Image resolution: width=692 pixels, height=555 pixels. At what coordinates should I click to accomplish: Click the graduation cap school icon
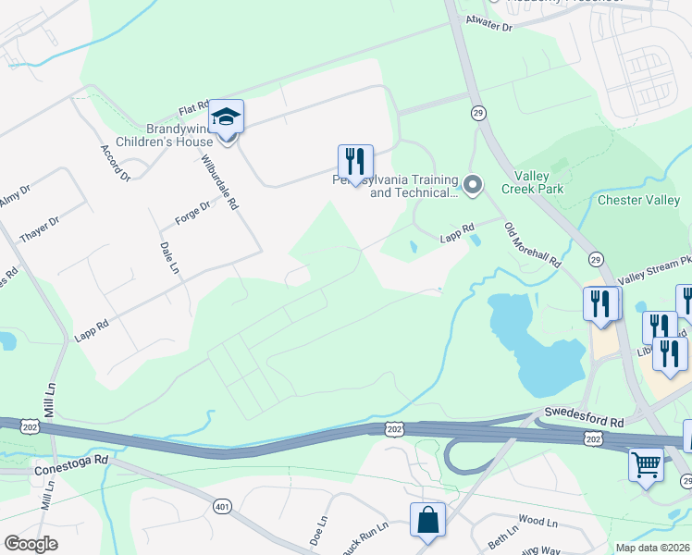pos(226,118)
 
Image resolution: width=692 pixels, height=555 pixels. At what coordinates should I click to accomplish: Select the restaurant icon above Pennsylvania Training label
pos(355,163)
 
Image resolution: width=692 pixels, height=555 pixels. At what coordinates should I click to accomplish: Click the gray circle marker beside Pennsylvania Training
pos(473,187)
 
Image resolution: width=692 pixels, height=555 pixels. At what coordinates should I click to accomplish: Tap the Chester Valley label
pos(638,200)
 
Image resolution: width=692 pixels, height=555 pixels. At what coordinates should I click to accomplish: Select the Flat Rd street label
pos(194,109)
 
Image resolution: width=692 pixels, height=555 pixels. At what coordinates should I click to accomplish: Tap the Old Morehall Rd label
pos(533,245)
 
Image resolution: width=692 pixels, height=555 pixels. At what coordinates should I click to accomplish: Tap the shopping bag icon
pos(428,521)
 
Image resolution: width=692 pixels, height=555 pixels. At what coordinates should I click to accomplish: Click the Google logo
pos(31,544)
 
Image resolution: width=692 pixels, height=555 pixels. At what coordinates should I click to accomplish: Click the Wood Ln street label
pos(538,522)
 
